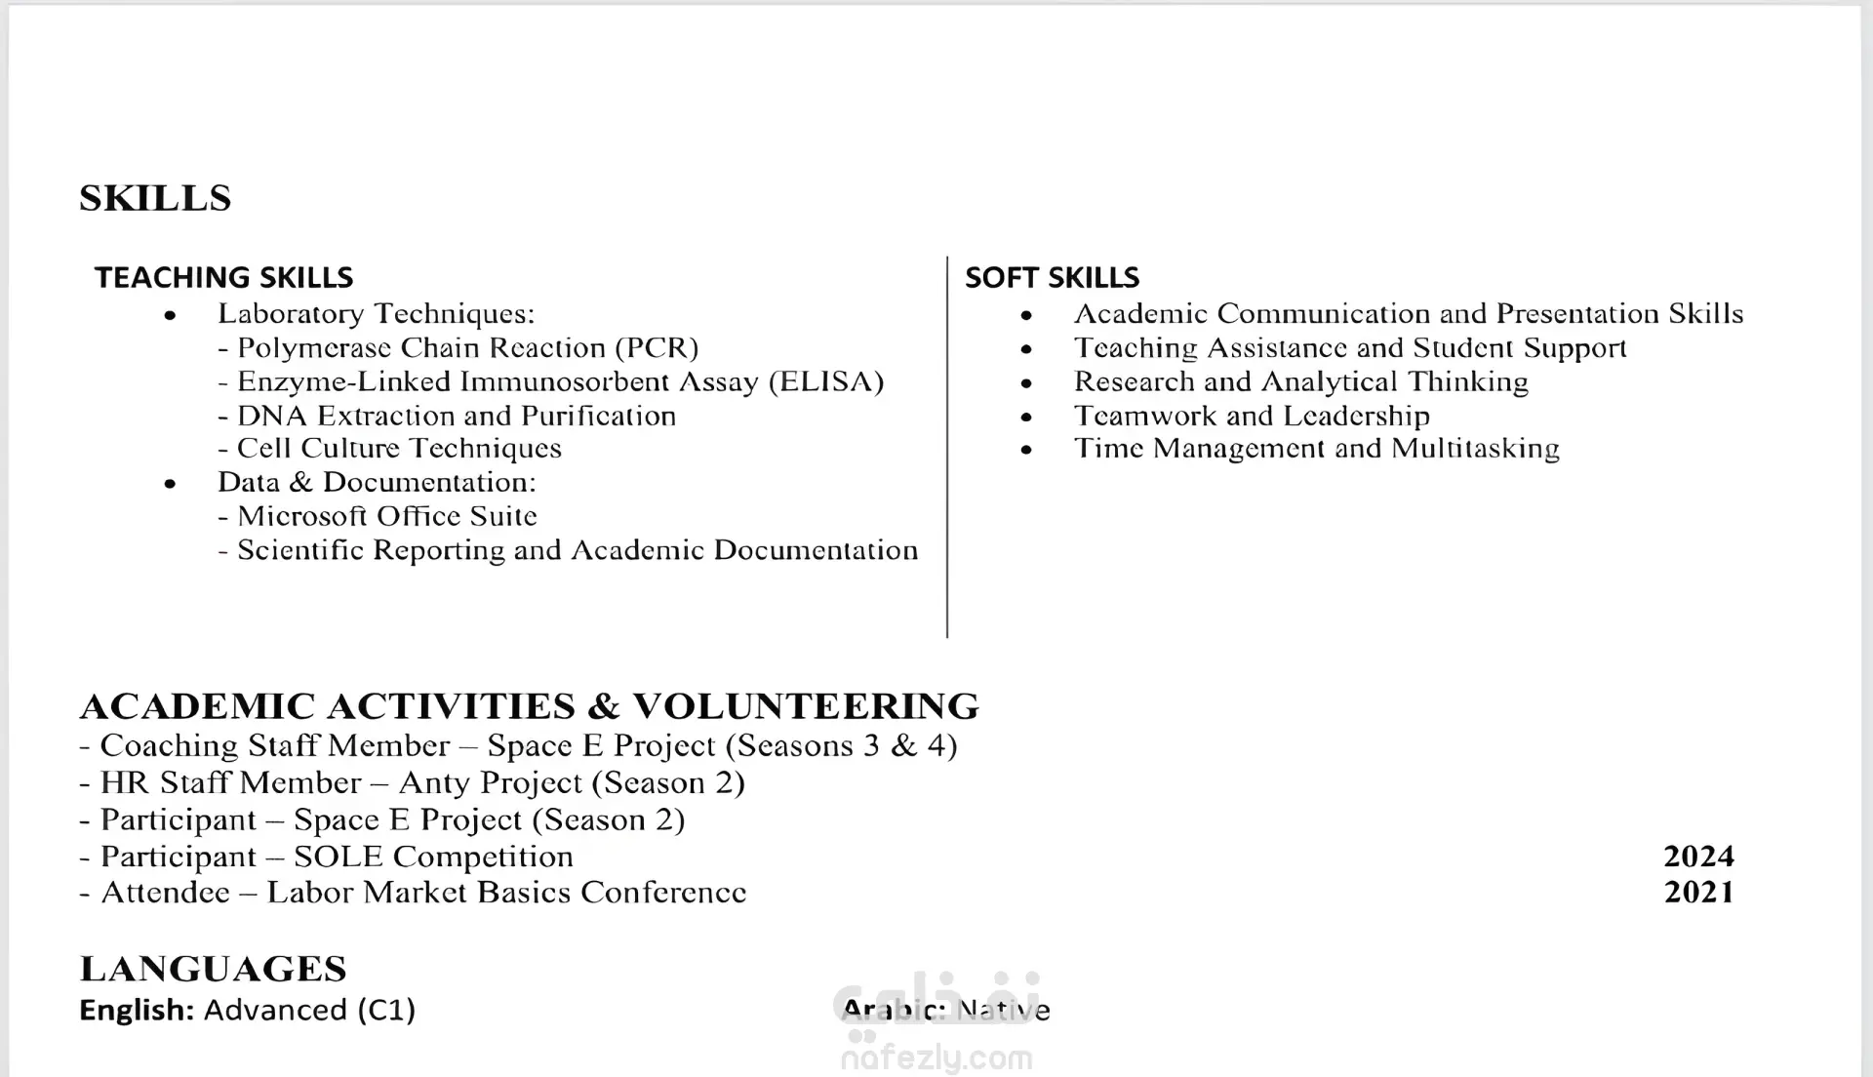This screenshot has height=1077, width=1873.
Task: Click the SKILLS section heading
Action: click(x=155, y=198)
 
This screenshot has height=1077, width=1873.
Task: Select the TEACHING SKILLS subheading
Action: click(x=223, y=278)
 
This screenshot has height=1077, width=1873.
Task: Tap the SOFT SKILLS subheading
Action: click(x=1052, y=278)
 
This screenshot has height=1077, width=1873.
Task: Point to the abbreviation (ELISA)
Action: click(x=826, y=381)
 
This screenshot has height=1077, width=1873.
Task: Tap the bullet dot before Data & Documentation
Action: click(x=171, y=483)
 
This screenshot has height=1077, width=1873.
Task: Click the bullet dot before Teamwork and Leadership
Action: click(x=1026, y=417)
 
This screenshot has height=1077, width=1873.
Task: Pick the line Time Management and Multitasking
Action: click(x=1316, y=449)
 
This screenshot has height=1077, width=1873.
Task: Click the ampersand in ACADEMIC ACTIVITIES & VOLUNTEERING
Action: click(x=604, y=706)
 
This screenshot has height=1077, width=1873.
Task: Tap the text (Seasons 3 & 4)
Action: click(x=842, y=746)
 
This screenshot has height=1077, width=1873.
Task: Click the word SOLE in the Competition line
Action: click(x=338, y=857)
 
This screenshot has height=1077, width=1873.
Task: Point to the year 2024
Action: click(x=1698, y=857)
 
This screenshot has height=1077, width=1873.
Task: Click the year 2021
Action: click(x=1698, y=893)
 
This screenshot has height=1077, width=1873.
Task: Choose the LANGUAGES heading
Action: click(x=213, y=969)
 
